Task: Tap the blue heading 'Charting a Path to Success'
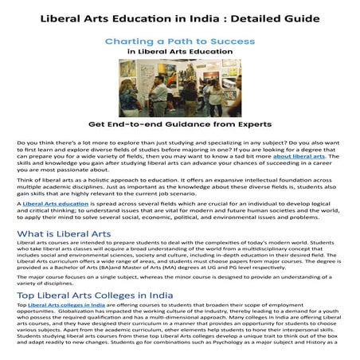(180, 40)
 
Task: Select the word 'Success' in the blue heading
(233, 40)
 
